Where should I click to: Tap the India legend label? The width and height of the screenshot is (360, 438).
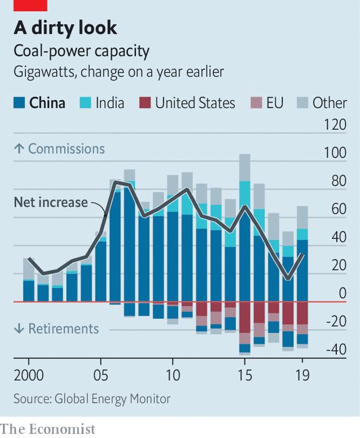click(x=110, y=103)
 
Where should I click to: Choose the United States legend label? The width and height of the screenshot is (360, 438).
click(x=195, y=103)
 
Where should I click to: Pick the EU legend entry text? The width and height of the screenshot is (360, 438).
click(x=274, y=103)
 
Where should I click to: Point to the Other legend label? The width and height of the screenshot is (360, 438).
click(x=329, y=103)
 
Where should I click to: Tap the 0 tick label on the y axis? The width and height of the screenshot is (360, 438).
click(x=342, y=294)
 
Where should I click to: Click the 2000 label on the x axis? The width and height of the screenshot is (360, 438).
click(x=29, y=375)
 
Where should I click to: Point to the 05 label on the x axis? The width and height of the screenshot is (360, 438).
click(x=101, y=375)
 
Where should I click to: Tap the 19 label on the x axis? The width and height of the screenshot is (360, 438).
click(x=303, y=375)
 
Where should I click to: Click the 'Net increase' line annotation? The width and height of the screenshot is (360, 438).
click(x=50, y=203)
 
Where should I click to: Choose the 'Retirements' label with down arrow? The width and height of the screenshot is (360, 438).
click(x=56, y=328)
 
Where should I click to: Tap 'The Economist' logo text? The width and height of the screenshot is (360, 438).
click(x=48, y=428)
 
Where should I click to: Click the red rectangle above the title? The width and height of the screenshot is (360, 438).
click(x=31, y=5)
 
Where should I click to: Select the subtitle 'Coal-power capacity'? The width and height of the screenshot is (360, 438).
click(x=82, y=52)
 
